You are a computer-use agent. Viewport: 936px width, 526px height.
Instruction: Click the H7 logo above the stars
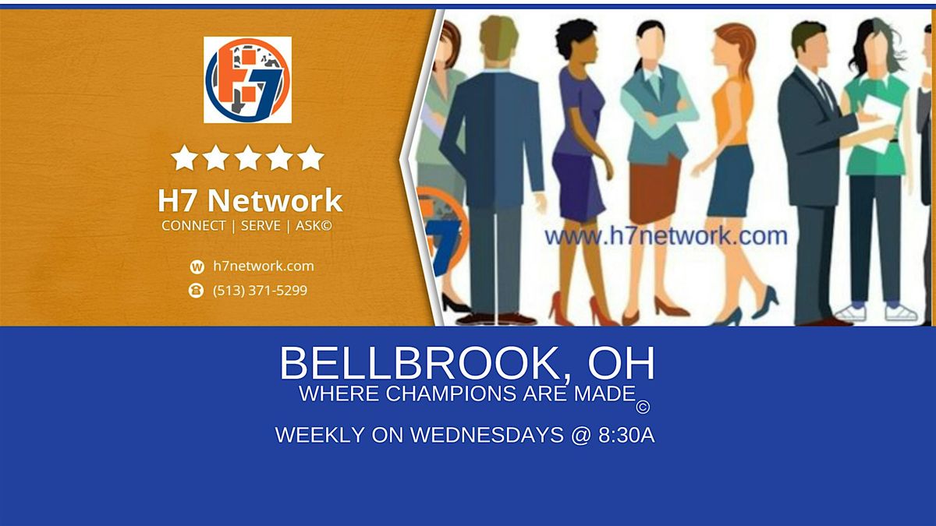pyautogui.click(x=247, y=79)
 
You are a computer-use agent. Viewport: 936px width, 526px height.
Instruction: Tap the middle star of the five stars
pyautogui.click(x=247, y=157)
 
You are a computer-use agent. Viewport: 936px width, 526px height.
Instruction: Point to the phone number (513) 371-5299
pyautogui.click(x=260, y=291)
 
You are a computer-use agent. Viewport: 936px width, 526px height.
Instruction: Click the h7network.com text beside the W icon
pyautogui.click(x=264, y=266)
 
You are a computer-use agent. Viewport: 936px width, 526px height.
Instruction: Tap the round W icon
pyautogui.click(x=197, y=267)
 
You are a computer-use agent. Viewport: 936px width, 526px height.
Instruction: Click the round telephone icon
pyautogui.click(x=197, y=291)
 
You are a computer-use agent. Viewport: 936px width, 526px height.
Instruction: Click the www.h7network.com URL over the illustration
pyautogui.click(x=665, y=235)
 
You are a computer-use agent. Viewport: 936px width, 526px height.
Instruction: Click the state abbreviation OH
pyautogui.click(x=622, y=364)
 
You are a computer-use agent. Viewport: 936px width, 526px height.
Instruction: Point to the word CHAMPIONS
pyautogui.click(x=448, y=394)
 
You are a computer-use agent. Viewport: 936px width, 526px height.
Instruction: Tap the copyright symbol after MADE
pyautogui.click(x=643, y=407)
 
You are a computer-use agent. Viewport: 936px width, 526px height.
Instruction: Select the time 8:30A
pyautogui.click(x=626, y=436)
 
